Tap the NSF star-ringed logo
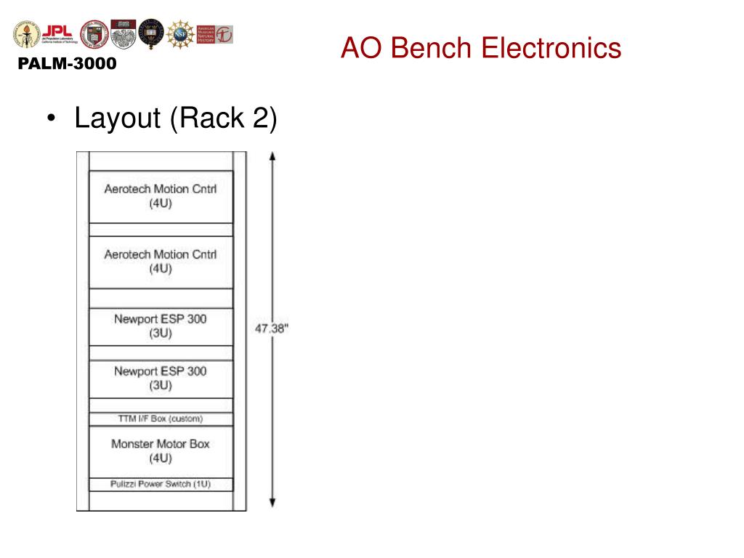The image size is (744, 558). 180,34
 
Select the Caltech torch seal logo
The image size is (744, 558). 27,34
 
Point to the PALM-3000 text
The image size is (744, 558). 67,64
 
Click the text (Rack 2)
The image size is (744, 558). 223,118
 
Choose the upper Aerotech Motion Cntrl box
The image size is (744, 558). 161,196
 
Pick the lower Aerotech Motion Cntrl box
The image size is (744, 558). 161,262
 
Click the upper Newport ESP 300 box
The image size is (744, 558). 161,326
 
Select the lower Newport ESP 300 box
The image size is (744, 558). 161,378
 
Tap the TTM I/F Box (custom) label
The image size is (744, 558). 161,418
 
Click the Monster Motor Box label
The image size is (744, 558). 161,443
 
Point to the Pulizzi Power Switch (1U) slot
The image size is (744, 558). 161,484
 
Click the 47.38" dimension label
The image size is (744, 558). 272,328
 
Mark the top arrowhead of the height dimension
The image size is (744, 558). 272,156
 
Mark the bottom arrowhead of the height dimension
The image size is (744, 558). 272,503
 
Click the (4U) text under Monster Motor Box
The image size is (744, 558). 161,458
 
